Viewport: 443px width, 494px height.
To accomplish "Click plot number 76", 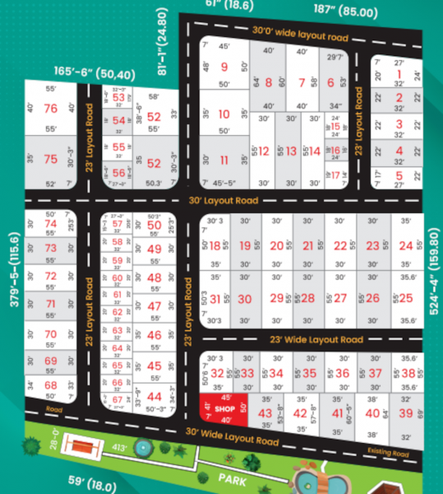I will [50, 109].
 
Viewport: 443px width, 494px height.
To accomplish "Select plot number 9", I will [224, 68].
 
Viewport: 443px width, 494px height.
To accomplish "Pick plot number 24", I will [405, 245].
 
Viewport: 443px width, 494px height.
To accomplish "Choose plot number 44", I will [154, 396].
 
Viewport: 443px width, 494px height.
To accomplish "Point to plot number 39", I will [405, 413].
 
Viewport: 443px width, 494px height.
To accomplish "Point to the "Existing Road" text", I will [387, 450].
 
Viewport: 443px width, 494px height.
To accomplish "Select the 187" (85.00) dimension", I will [345, 12].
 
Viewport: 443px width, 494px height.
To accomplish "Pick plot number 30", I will [245, 299].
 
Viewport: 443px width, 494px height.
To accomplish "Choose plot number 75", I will [50, 160].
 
